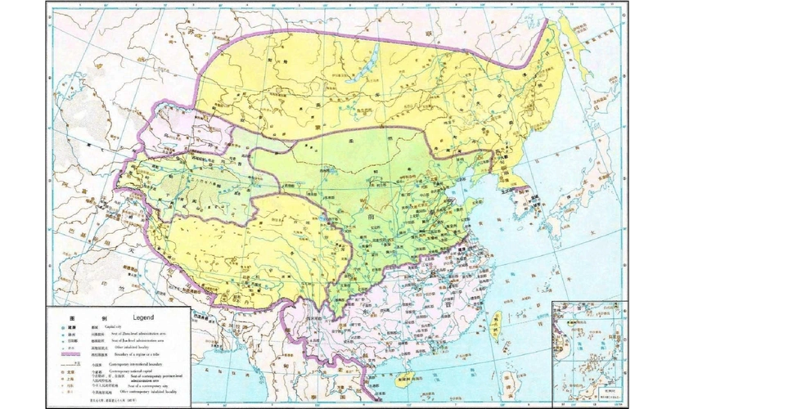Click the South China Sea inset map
point(588,352)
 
